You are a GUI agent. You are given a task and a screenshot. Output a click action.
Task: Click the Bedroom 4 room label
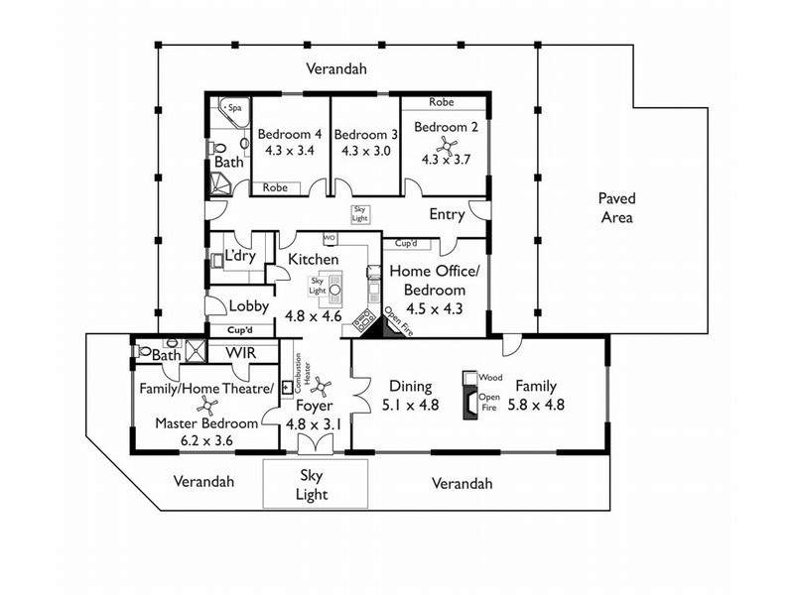[289, 134]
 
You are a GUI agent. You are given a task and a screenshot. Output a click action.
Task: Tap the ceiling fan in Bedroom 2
[447, 146]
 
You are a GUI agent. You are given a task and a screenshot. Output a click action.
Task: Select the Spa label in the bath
[235, 108]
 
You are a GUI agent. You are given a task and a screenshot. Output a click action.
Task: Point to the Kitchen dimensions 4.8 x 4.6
[314, 316]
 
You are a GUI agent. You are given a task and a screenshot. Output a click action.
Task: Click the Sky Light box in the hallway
[359, 213]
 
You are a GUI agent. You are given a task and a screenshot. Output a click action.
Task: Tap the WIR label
[240, 353]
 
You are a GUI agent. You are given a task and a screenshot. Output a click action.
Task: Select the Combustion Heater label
[302, 373]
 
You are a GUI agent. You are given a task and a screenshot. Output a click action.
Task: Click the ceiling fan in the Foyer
[321, 387]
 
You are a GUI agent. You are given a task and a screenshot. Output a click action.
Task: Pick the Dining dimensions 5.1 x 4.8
[410, 405]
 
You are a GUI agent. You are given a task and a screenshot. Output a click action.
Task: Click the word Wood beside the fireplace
[490, 378]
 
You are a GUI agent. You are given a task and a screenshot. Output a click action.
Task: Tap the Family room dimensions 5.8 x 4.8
[536, 405]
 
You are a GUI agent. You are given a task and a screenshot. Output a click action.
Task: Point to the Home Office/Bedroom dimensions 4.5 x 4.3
[435, 308]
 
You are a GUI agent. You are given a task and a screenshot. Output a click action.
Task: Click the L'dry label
[240, 256]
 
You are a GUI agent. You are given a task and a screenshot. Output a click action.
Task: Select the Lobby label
[249, 306]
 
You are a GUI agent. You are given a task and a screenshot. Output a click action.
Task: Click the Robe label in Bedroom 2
[442, 102]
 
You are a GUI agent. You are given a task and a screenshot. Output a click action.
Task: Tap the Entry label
[447, 214]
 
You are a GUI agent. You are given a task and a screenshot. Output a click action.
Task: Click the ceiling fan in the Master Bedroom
[207, 406]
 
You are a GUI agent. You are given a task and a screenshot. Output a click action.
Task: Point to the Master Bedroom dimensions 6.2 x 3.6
[206, 440]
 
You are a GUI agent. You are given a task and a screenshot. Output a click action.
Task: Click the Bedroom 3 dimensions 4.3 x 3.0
[365, 151]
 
